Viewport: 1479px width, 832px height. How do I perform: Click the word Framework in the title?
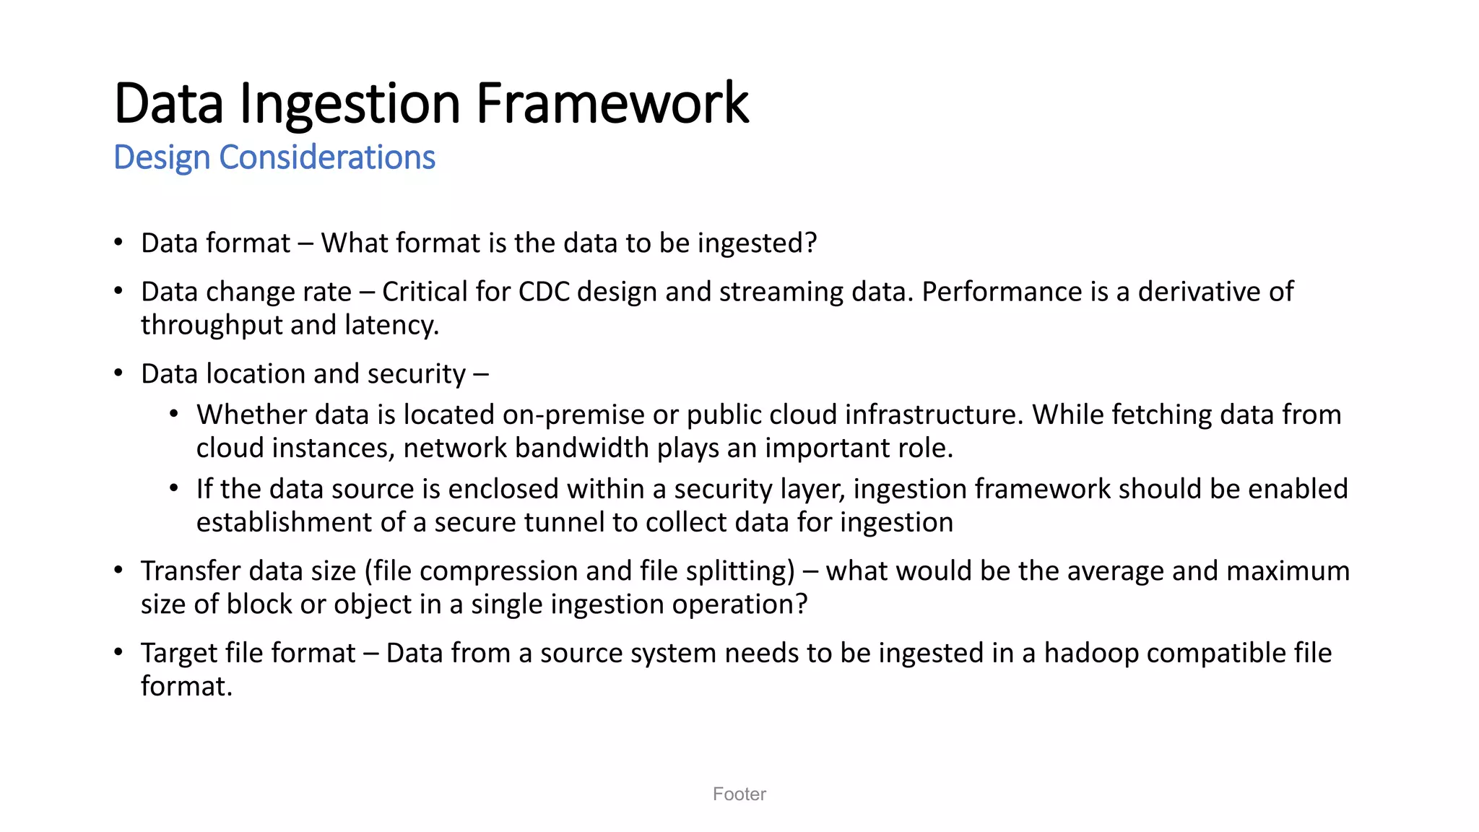pos(612,103)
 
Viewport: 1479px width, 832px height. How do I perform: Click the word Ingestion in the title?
pos(350,103)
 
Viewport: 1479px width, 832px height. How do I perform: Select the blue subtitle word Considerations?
pos(327,157)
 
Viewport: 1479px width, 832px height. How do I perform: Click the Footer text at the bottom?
pos(739,794)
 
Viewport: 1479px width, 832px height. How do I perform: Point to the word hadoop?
pos(1091,654)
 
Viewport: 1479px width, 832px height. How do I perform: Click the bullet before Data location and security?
pos(118,373)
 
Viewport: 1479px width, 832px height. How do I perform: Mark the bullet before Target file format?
pos(118,652)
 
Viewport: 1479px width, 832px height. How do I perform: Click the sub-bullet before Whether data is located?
pos(174,415)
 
